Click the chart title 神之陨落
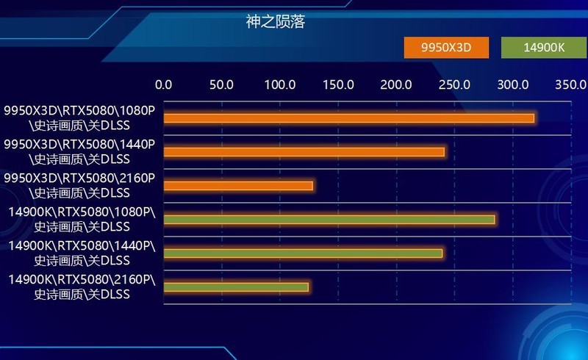pos(276,21)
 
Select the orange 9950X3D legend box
pos(446,48)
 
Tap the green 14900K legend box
pos(543,48)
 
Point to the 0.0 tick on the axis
pos(163,84)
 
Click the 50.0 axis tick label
pos(221,84)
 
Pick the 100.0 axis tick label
pos(279,84)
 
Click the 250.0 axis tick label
pos(454,84)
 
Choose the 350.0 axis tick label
pos(570,84)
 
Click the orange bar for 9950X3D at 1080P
pos(348,118)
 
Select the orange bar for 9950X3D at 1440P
pos(304,152)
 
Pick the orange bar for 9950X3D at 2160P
pos(238,186)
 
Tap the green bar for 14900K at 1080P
pos(329,220)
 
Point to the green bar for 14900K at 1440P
pos(303,253)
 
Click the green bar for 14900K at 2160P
pos(236,287)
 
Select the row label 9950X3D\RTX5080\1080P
pos(79,118)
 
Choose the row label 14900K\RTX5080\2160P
pos(82,287)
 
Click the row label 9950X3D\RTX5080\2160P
pos(79,185)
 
